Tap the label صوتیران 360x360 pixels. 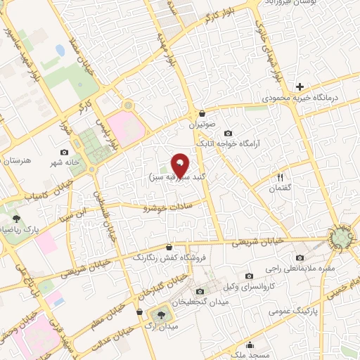coord(204,124)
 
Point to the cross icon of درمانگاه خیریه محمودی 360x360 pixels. coord(300,87)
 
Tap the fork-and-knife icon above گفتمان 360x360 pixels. coord(281,177)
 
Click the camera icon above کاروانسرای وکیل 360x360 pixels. coord(250,276)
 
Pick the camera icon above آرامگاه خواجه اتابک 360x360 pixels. coord(228,133)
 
